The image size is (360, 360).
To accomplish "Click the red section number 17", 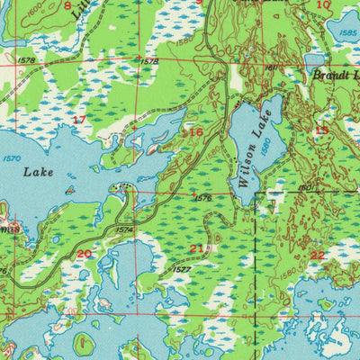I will pyautogui.click(x=79, y=119).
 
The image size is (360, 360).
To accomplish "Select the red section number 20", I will pyautogui.click(x=84, y=254).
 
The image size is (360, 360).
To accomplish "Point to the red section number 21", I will pyautogui.click(x=196, y=248).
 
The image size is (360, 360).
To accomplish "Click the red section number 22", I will pyautogui.click(x=317, y=255).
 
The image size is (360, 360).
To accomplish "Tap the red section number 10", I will pyautogui.click(x=323, y=5).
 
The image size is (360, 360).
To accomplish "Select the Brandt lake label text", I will pyautogui.click(x=335, y=76).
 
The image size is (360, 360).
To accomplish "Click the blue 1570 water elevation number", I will pyautogui.click(x=12, y=158).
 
